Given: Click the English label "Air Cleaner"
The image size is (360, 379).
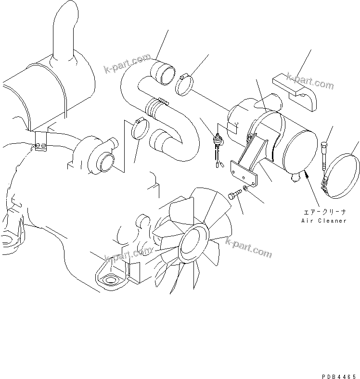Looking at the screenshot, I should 323,221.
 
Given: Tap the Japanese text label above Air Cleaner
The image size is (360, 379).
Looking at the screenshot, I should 324,211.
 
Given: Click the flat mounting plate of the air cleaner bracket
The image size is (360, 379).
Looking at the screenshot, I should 245,174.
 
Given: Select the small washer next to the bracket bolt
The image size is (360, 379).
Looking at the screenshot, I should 246,188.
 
